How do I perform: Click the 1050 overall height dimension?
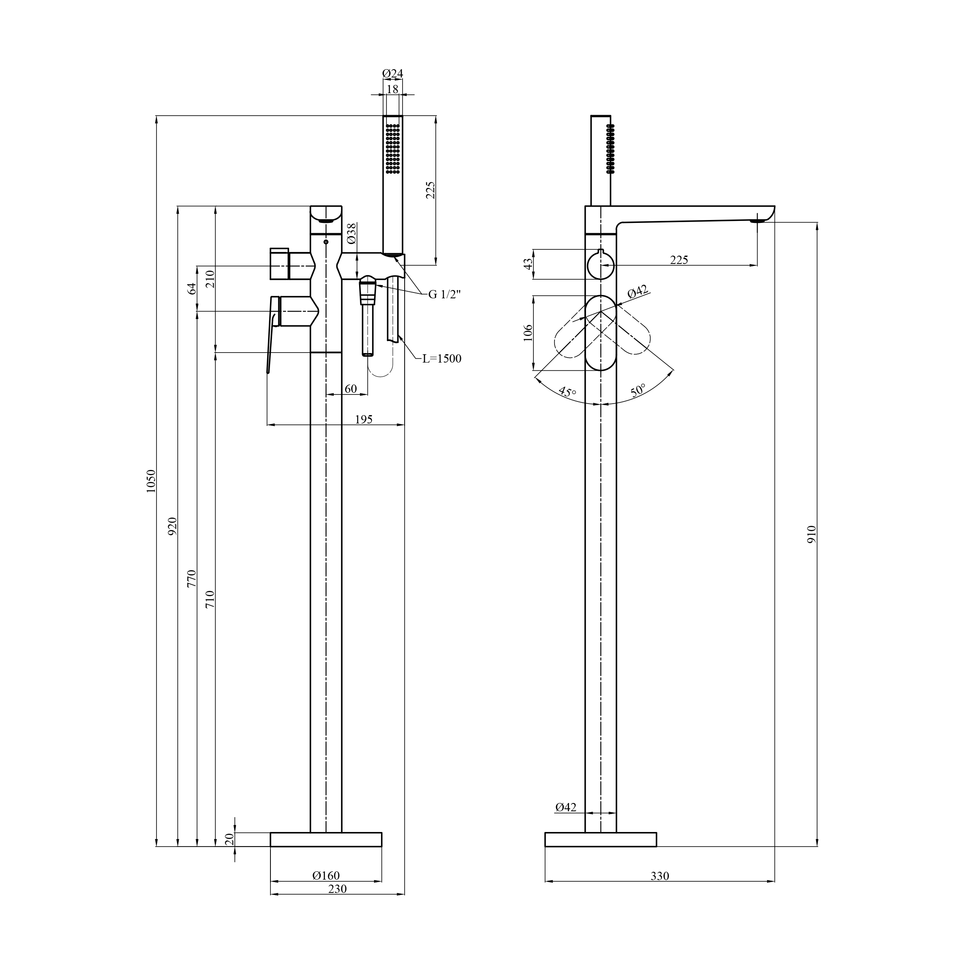click(x=151, y=481)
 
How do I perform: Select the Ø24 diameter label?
click(x=393, y=73)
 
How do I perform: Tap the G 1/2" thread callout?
click(x=444, y=294)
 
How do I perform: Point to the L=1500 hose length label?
click(x=441, y=358)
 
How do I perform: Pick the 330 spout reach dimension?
click(x=659, y=876)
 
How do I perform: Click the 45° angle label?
click(x=567, y=391)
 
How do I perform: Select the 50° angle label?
click(x=638, y=390)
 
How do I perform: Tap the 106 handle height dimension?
click(x=528, y=333)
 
